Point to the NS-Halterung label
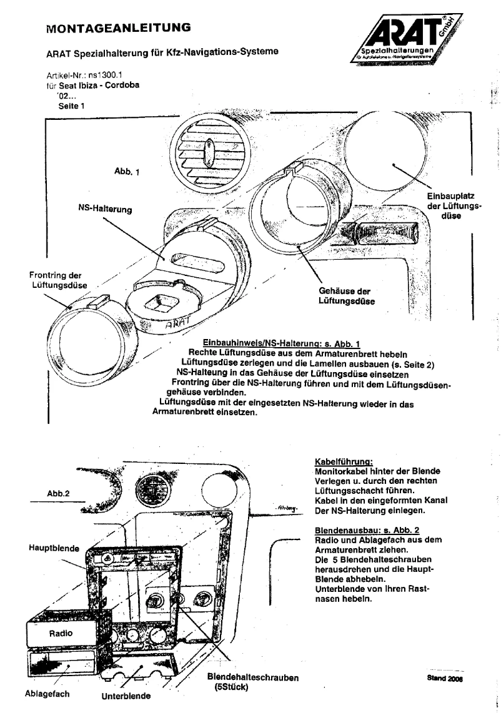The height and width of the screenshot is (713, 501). point(104,209)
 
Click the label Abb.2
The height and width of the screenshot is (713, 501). point(58,492)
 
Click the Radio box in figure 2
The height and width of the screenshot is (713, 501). point(61,632)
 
